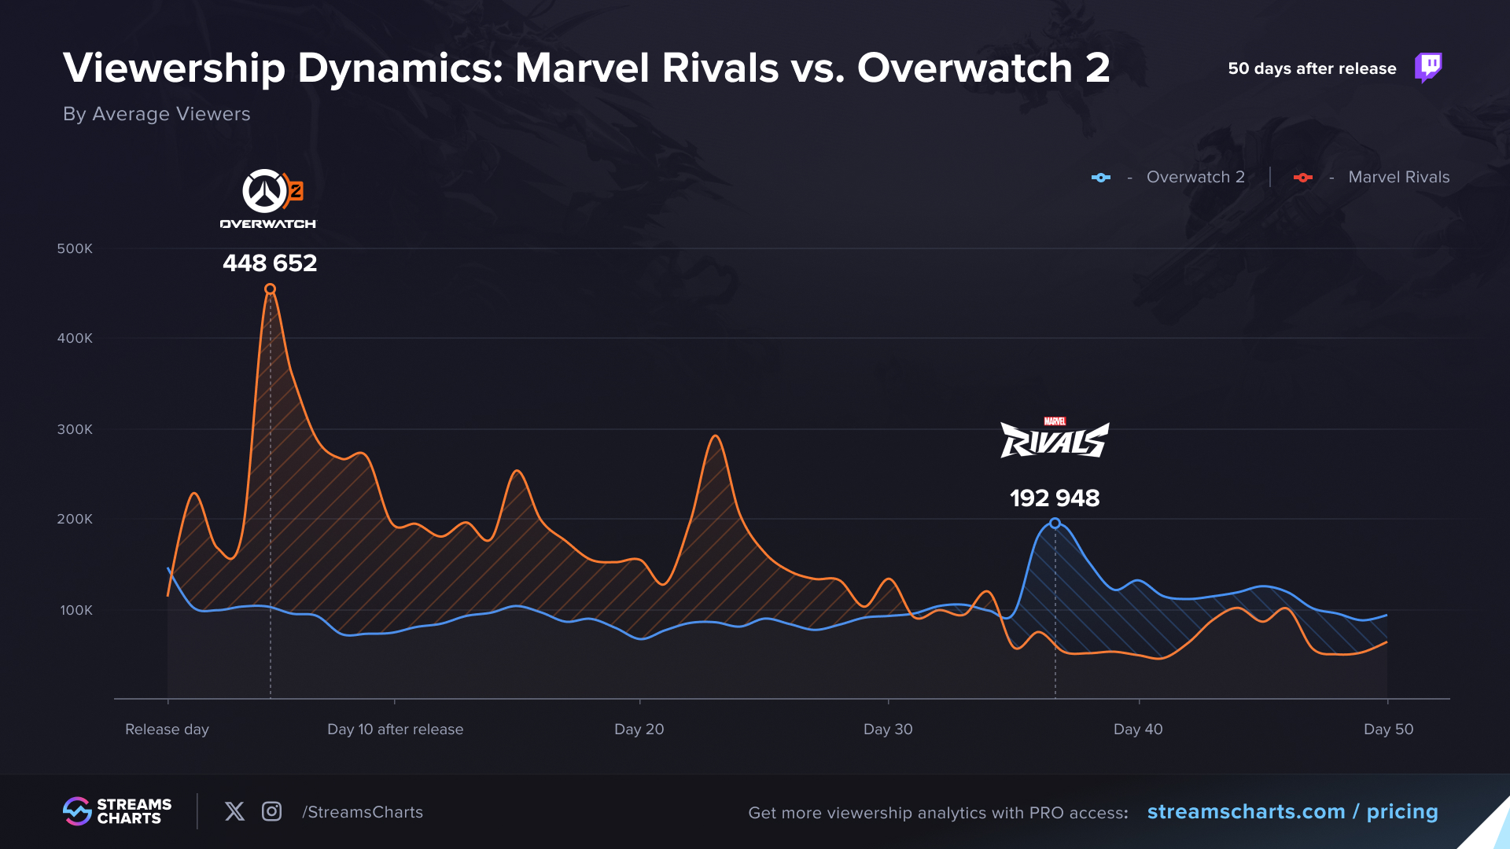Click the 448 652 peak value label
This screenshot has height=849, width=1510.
(x=270, y=263)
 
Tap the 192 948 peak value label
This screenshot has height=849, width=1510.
(x=1055, y=498)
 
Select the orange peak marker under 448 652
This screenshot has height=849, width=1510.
(x=270, y=289)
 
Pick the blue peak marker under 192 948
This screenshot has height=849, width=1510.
(x=1055, y=524)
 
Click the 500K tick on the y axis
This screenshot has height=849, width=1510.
(x=75, y=249)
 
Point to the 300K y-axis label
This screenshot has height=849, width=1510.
(x=75, y=430)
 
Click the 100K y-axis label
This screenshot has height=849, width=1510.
(x=76, y=611)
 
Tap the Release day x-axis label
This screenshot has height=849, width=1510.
(x=167, y=730)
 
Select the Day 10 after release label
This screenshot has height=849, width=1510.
(x=395, y=730)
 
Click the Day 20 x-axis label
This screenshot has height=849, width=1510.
(x=639, y=730)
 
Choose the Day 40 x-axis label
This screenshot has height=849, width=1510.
(x=1138, y=730)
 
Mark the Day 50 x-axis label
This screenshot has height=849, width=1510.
(x=1388, y=730)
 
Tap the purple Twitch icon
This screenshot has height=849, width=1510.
(x=1428, y=68)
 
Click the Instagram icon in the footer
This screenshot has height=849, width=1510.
(x=271, y=811)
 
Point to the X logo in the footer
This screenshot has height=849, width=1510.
(x=234, y=811)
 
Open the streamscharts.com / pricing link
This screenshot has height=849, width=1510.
(x=1292, y=812)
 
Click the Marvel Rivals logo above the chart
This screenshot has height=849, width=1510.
(x=1055, y=439)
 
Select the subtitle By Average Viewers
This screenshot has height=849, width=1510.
(x=157, y=114)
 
